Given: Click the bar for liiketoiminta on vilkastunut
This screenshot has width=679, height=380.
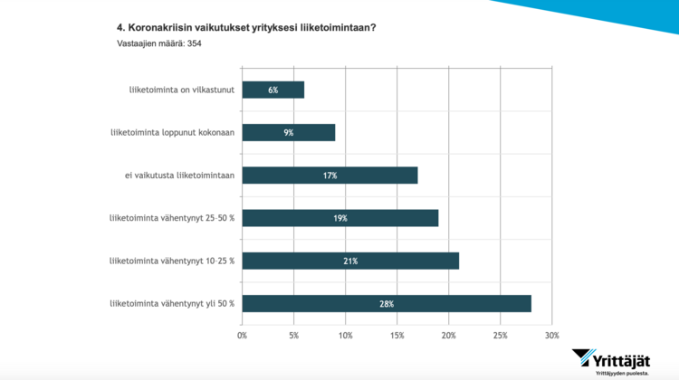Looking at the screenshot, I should (x=273, y=90).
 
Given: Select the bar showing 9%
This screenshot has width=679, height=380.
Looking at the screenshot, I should (x=289, y=132).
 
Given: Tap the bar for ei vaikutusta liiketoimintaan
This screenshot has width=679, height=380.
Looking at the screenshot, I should (x=330, y=176).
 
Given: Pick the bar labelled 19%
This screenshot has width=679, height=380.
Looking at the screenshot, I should (x=340, y=218).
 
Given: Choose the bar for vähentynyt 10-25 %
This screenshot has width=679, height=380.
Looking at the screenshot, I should (x=350, y=261).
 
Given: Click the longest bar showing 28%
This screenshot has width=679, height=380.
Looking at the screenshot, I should (x=387, y=303).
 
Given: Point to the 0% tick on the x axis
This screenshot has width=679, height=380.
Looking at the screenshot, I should (x=242, y=336).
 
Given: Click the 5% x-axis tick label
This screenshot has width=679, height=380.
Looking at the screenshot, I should (x=293, y=336).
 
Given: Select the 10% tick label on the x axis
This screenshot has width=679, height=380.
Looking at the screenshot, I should (x=345, y=336).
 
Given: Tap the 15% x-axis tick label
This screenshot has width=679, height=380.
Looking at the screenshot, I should (x=397, y=336).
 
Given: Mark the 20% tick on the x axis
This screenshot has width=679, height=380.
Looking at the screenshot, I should (x=448, y=336).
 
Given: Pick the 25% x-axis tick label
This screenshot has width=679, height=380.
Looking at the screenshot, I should (x=500, y=336).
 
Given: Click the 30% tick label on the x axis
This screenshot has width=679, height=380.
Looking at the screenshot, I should (x=551, y=336).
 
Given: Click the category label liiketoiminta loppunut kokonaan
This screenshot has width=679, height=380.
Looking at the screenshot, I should (x=172, y=132).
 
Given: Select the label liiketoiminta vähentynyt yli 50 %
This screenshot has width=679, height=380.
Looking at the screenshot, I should (x=172, y=303).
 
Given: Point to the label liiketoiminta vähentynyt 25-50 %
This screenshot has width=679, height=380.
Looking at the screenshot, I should (x=172, y=218).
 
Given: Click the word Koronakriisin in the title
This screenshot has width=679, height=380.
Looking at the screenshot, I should (x=162, y=27).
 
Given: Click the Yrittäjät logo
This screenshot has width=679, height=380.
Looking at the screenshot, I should (x=622, y=359).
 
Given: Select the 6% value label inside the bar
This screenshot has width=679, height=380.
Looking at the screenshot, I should (x=273, y=90).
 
